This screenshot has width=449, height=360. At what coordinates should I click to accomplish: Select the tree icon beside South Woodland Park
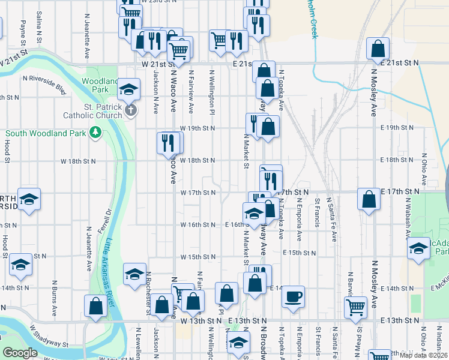tap(95, 133)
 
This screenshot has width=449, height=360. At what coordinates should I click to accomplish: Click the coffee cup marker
tap(293, 296)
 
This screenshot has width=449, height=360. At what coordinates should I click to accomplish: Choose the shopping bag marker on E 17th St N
tap(368, 200)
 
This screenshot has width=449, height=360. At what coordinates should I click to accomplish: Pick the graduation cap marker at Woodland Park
tap(128, 90)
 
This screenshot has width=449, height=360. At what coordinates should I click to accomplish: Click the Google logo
tap(20, 353)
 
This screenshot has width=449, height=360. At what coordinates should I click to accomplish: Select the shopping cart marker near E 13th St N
tap(355, 307)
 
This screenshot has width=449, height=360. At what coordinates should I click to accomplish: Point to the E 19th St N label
tap(402, 128)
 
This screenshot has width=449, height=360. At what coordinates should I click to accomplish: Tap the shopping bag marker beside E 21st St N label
tap(378, 49)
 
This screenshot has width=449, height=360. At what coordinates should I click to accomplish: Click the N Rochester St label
tap(148, 293)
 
